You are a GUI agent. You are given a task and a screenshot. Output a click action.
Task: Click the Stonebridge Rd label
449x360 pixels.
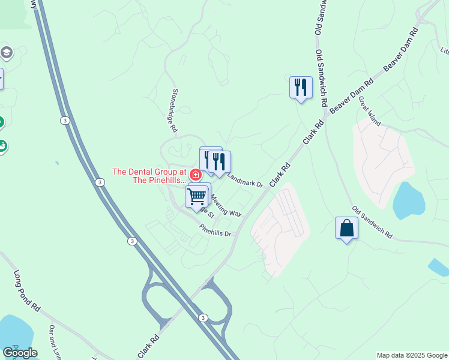(173, 110)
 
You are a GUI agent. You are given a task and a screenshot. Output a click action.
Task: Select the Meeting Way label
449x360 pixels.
(226, 208)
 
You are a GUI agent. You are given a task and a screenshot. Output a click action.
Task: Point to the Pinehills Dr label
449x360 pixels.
(215, 230)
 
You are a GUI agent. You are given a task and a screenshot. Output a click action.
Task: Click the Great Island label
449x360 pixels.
(369, 110)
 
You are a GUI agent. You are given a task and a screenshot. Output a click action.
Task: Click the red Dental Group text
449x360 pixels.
(150, 176)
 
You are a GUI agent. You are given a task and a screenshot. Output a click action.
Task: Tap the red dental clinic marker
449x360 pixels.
(195, 175)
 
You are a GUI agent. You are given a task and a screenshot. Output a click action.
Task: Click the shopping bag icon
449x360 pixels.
(346, 228)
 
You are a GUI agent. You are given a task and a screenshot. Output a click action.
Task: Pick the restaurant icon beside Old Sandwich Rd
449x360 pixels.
(301, 88)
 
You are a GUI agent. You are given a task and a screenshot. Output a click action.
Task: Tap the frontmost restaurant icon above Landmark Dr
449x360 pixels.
(219, 161)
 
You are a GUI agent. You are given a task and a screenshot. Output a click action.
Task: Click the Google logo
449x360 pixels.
(20, 352)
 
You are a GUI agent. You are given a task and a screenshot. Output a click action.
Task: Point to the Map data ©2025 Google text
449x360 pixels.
(411, 355)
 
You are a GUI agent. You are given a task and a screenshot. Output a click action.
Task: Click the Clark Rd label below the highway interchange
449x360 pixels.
(151, 346)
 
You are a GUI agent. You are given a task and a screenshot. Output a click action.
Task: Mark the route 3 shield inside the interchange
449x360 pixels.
(203, 318)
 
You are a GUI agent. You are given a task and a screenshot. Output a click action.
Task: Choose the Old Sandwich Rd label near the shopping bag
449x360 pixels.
(372, 222)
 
